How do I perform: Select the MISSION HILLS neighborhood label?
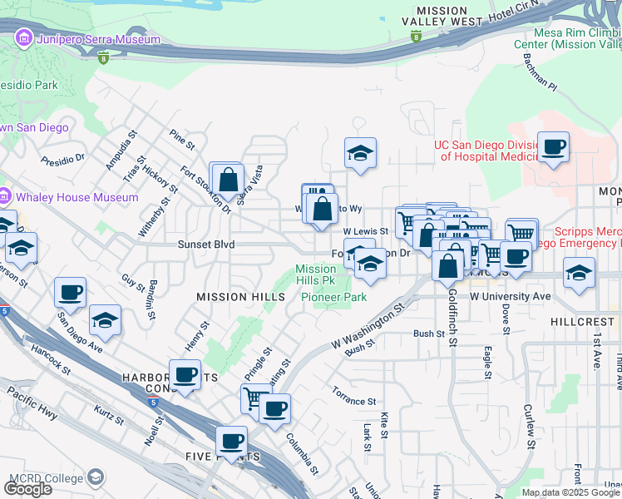click(x=233, y=297)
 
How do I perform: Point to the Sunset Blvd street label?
click(x=206, y=245)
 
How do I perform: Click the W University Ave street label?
click(x=510, y=296)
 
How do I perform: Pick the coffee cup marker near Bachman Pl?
click(x=553, y=148)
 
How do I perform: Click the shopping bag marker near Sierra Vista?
click(x=228, y=179)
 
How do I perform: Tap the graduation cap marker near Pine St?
click(x=361, y=154)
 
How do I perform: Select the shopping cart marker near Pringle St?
click(x=256, y=398)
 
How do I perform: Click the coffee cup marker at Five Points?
click(x=231, y=441)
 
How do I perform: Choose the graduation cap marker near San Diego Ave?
click(x=106, y=321)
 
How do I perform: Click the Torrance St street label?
click(x=354, y=390)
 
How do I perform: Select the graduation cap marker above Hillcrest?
click(x=579, y=273)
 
